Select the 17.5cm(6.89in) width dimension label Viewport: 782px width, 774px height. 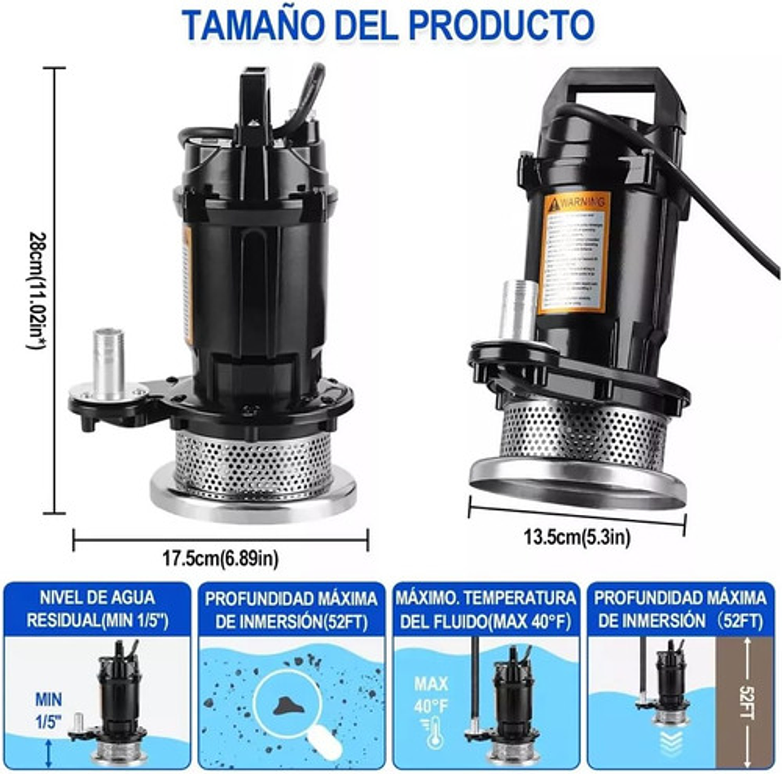click(220, 558)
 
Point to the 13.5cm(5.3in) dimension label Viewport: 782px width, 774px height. click(576, 536)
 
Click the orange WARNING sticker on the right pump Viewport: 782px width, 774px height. click(575, 253)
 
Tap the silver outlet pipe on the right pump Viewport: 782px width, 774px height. click(518, 310)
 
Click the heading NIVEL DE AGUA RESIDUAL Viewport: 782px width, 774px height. click(97, 608)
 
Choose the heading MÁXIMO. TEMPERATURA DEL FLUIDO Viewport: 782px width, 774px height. click(486, 608)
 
